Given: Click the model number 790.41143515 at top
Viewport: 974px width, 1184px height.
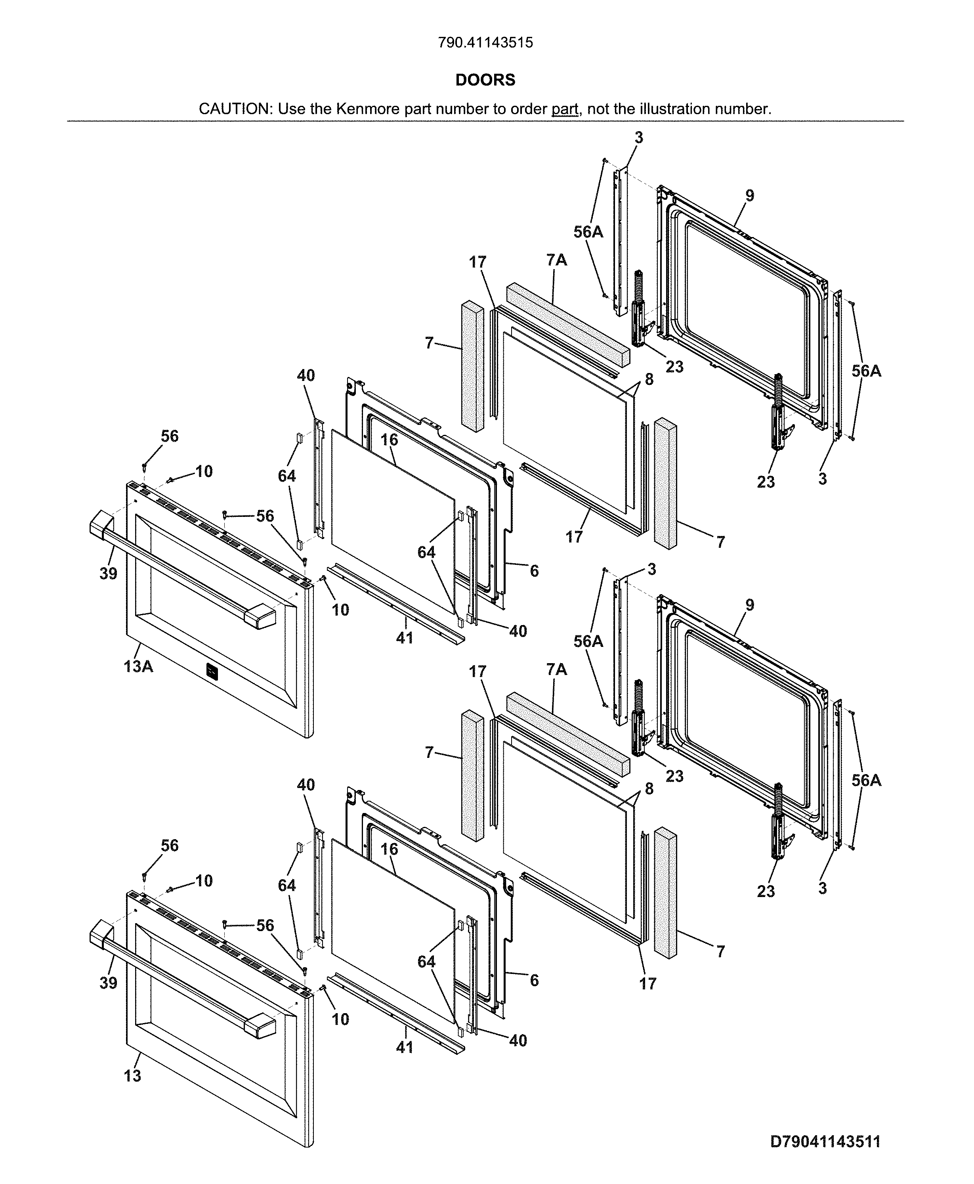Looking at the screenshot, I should (x=485, y=43).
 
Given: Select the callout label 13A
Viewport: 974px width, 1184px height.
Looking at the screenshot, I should (x=138, y=667).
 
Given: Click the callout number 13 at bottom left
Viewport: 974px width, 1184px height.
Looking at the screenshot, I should (x=132, y=1076).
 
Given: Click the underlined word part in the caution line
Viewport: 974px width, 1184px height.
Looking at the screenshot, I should (x=564, y=109).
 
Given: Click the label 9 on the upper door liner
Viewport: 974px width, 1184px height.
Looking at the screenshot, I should (x=750, y=196).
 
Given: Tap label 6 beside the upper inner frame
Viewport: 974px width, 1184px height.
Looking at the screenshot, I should (x=534, y=571).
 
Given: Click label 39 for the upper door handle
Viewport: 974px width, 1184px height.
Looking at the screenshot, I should (x=108, y=574).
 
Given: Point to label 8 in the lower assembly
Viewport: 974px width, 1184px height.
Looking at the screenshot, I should (x=649, y=788).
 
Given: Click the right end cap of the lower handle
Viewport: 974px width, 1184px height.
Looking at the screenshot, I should (x=259, y=1027).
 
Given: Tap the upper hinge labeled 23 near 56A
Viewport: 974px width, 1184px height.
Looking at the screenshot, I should (x=640, y=306).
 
